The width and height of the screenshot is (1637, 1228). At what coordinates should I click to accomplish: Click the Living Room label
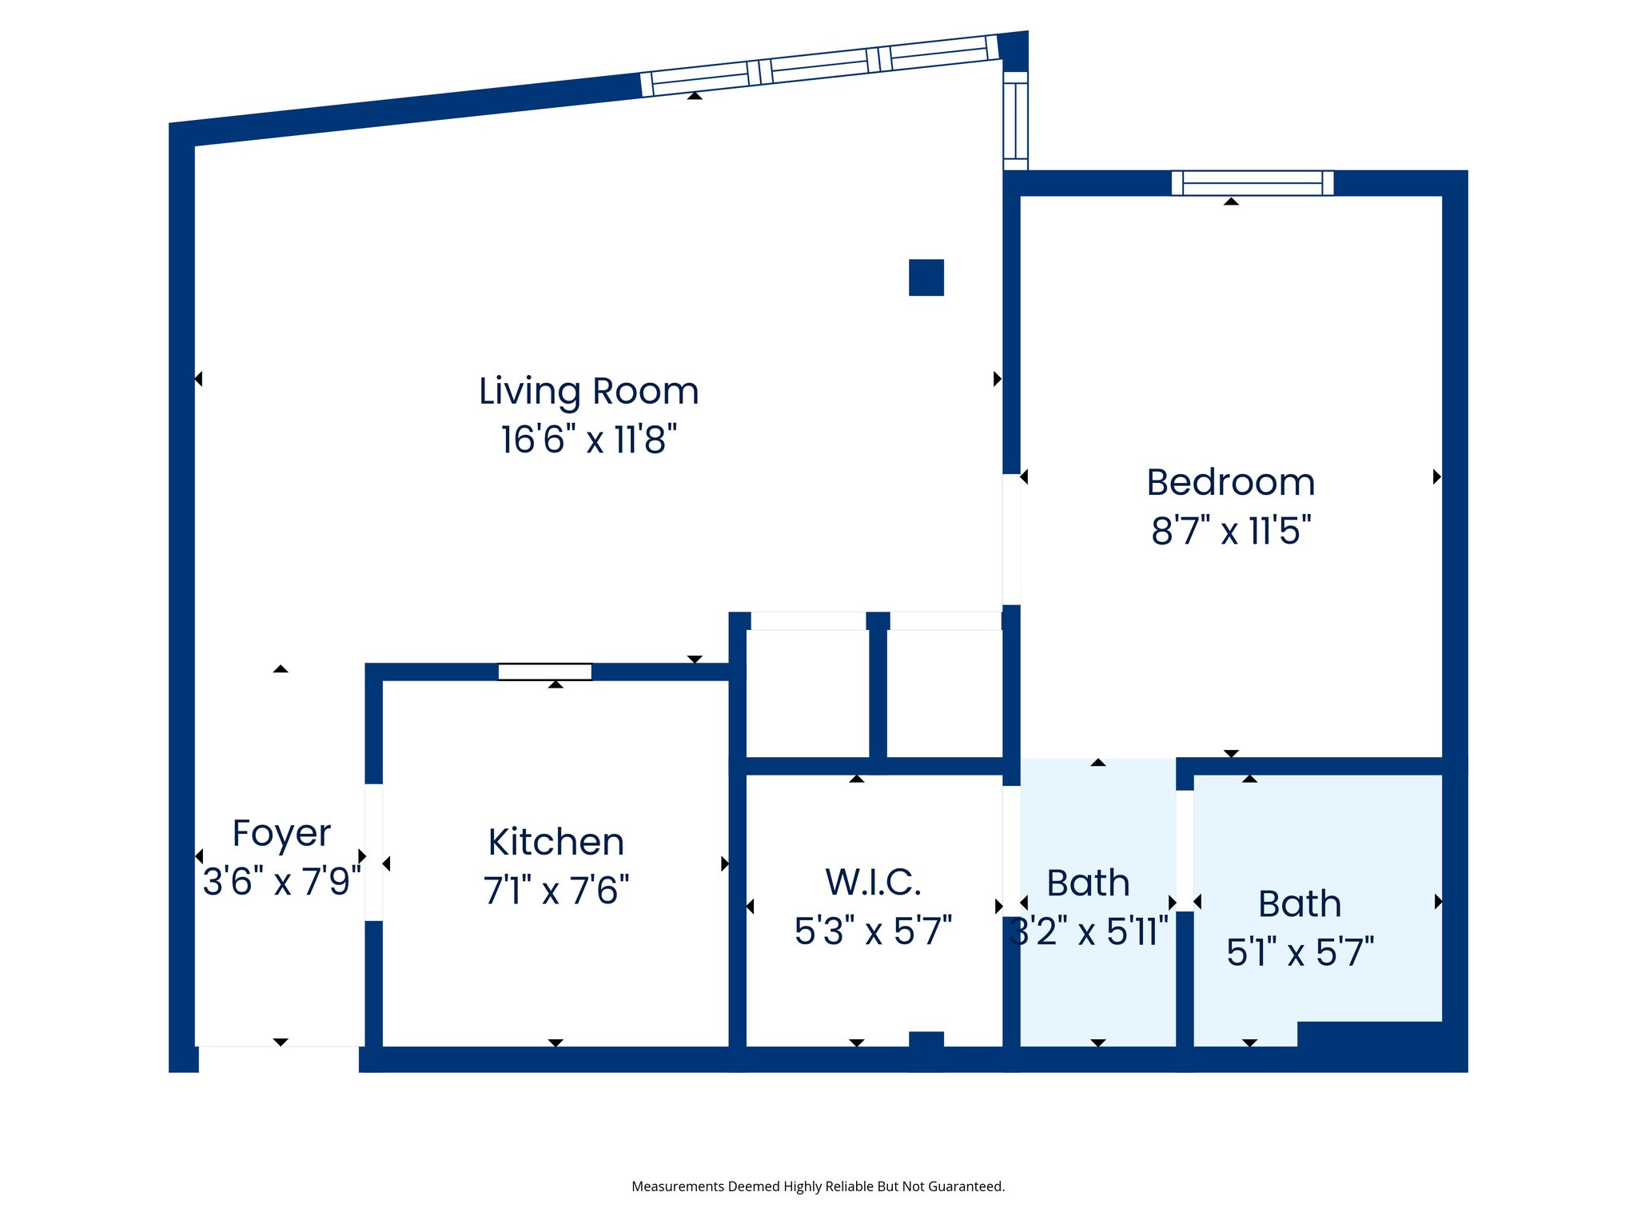point(588,392)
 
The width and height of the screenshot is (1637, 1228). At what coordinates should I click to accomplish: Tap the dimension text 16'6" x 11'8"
point(588,440)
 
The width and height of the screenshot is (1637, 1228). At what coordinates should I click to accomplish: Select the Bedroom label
point(1230,483)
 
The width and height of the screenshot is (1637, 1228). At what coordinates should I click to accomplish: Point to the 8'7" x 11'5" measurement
point(1230,531)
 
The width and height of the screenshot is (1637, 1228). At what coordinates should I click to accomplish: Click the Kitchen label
point(556,843)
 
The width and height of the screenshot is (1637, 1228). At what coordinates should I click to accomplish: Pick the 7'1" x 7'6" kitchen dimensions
point(556,891)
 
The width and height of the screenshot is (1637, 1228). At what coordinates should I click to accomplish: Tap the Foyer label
point(281,834)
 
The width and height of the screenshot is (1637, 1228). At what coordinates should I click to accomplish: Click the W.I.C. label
point(873,883)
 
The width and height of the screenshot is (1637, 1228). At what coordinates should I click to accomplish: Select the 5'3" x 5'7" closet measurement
point(873,931)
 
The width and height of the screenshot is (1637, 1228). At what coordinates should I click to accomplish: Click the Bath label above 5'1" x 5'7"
point(1300,904)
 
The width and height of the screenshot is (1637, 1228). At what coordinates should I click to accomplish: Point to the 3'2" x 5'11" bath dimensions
point(1089,931)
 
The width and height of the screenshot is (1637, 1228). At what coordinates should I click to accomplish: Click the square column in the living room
point(926,277)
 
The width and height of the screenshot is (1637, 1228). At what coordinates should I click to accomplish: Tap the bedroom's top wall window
point(1252,183)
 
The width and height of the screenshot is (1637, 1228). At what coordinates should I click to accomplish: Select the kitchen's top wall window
point(545,672)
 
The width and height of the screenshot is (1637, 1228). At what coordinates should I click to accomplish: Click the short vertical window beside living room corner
point(1015,121)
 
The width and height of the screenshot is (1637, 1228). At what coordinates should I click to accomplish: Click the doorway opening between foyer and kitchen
point(373,852)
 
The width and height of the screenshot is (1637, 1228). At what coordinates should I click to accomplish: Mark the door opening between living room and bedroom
point(1011,540)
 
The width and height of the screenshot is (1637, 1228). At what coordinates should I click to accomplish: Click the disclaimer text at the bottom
point(818,1186)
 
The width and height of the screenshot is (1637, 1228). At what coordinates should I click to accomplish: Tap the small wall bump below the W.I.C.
point(926,1040)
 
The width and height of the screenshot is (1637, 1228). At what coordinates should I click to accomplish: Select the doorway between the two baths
point(1185,851)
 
